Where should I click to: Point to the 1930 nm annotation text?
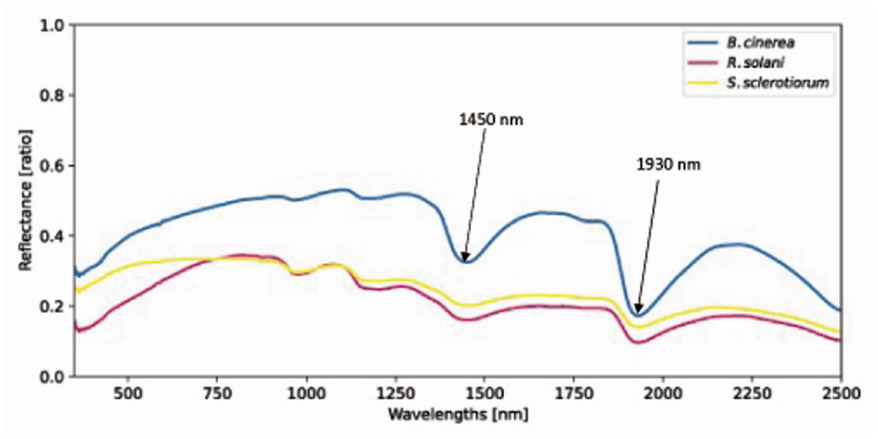pyautogui.click(x=668, y=165)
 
